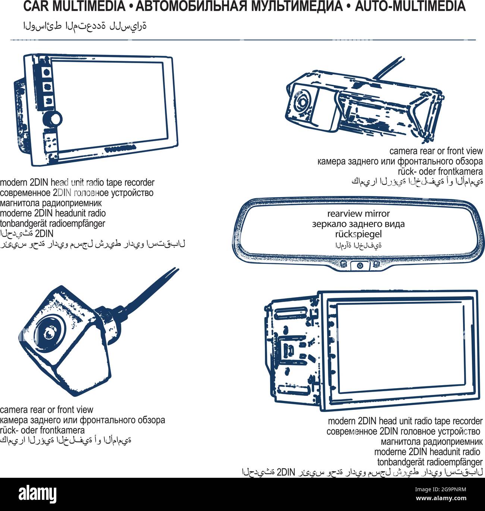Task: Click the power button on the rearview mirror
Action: (x=360, y=265)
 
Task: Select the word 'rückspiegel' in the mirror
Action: (x=358, y=234)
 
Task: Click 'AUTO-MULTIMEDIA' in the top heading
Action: (x=410, y=7)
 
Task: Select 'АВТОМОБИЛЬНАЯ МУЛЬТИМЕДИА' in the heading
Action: (x=239, y=7)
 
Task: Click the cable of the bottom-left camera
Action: (x=149, y=291)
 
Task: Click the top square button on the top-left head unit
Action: (x=47, y=72)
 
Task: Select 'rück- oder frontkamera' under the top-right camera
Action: (x=440, y=172)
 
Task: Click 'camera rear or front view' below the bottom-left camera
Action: (x=47, y=409)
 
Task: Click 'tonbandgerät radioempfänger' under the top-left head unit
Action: (x=53, y=224)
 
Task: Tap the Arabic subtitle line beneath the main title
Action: (x=85, y=26)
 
